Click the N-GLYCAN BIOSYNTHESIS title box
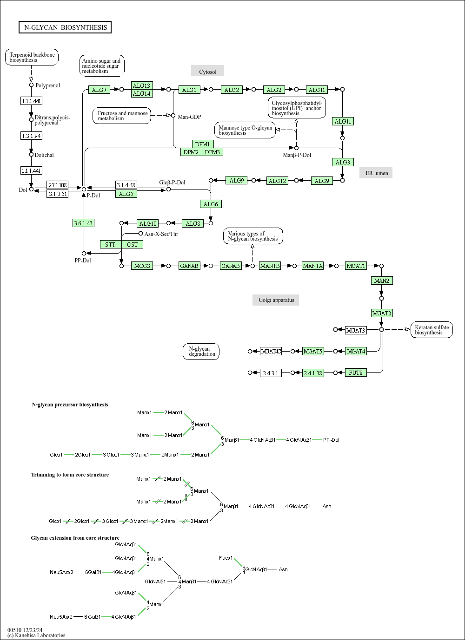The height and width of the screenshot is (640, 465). point(65,27)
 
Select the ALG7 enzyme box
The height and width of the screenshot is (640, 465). point(99,90)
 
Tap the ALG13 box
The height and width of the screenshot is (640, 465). point(142,85)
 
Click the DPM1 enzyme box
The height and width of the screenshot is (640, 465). point(203,144)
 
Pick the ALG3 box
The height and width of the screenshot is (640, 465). point(343,162)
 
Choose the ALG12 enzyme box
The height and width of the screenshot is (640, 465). point(277,181)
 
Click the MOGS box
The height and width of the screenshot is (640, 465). point(142,266)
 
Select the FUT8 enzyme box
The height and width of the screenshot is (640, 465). point(356,372)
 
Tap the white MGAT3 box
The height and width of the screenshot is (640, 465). point(356,330)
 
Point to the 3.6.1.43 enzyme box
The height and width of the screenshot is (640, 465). point(84,223)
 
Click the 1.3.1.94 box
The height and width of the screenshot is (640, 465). point(32,136)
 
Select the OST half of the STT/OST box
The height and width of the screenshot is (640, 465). point(132,244)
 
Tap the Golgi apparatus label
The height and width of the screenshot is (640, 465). point(276,300)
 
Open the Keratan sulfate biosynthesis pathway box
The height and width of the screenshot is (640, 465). point(432,330)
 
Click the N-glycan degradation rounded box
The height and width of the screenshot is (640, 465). point(201,352)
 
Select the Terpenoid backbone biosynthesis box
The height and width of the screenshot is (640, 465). point(32,57)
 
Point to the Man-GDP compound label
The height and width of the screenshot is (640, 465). point(189,117)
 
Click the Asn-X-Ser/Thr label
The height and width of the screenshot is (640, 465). point(161,234)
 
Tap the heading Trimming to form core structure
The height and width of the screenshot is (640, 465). point(70,475)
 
